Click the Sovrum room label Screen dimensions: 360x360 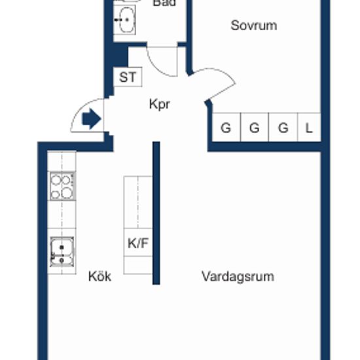[254, 26]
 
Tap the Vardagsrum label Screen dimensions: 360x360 [238, 276]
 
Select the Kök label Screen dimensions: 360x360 [100, 276]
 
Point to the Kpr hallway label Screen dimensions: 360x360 [160, 105]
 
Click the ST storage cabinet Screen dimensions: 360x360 [128, 77]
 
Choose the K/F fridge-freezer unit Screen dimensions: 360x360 [138, 242]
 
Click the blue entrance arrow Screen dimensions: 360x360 [92, 118]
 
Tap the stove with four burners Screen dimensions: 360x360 [62, 186]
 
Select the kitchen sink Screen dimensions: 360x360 [62, 252]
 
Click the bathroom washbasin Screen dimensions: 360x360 [124, 20]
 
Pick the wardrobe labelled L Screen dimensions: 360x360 [309, 127]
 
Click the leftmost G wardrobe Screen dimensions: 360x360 [226, 127]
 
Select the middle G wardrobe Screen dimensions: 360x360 [255, 127]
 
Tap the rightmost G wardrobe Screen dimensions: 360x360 [283, 127]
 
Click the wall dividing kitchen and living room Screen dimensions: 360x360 [156, 213]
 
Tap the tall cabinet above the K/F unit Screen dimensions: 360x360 [138, 202]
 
